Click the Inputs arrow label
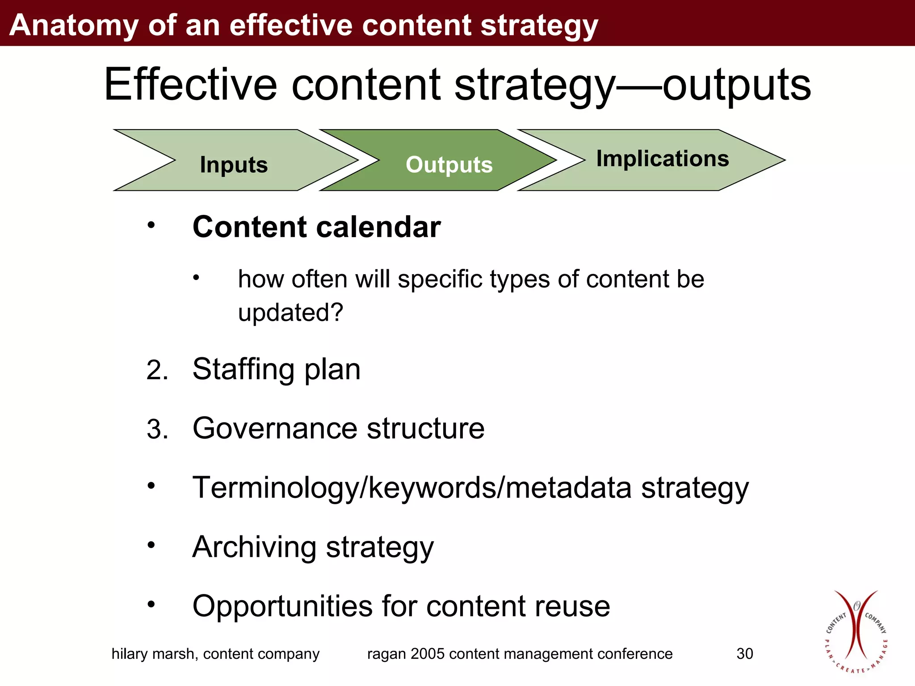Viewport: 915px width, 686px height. [234, 165]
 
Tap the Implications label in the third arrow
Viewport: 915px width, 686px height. [663, 159]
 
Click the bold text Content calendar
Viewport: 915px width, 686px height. [316, 227]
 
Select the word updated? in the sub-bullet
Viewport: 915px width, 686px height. [290, 312]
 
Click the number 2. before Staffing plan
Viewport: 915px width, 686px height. [157, 371]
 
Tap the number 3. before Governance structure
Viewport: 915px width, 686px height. [157, 430]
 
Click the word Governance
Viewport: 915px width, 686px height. [275, 428]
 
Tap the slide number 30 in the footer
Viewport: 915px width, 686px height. [744, 654]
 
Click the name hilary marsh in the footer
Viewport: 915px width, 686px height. [154, 654]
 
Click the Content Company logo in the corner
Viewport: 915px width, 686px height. [856, 632]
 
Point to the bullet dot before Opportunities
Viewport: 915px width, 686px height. [151, 605]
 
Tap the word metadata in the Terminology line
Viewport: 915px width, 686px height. [568, 488]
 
